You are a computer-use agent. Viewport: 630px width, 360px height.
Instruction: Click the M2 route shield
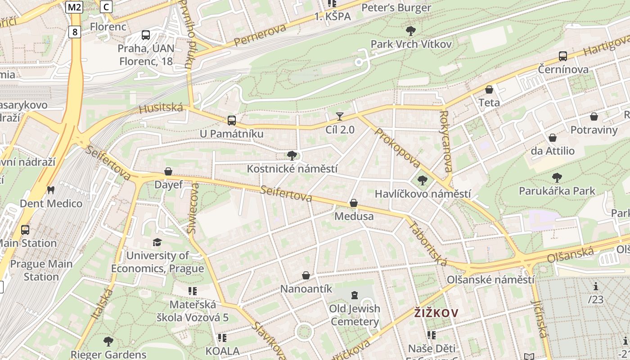74,7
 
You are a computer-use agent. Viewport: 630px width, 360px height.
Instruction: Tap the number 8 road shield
75,31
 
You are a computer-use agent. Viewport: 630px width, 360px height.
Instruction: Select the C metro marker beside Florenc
106,7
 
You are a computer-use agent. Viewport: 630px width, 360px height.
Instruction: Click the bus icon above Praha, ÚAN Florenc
146,35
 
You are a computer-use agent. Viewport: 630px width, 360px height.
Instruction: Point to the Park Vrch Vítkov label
411,44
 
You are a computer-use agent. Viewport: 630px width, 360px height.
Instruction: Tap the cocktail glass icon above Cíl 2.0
340,117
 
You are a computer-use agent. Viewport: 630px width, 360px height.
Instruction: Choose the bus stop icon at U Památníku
232,121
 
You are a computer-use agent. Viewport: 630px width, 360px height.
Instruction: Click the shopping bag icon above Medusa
354,203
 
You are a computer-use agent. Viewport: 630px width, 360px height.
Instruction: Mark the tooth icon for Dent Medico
51,190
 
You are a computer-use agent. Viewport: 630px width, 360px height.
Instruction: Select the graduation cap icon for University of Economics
157,243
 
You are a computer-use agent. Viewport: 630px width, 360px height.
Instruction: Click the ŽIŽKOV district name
436,313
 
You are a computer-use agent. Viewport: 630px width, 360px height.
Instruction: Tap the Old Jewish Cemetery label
355,315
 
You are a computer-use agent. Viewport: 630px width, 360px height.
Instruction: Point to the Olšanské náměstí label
490,279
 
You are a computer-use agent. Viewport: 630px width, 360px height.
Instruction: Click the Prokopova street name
397,148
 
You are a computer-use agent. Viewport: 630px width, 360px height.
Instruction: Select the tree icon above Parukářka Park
557,177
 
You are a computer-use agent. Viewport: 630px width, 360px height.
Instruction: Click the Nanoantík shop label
306,288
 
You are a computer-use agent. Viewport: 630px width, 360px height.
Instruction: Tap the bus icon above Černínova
563,56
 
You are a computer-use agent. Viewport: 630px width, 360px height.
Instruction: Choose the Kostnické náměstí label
292,169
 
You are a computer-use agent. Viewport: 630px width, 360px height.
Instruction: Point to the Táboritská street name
427,243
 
